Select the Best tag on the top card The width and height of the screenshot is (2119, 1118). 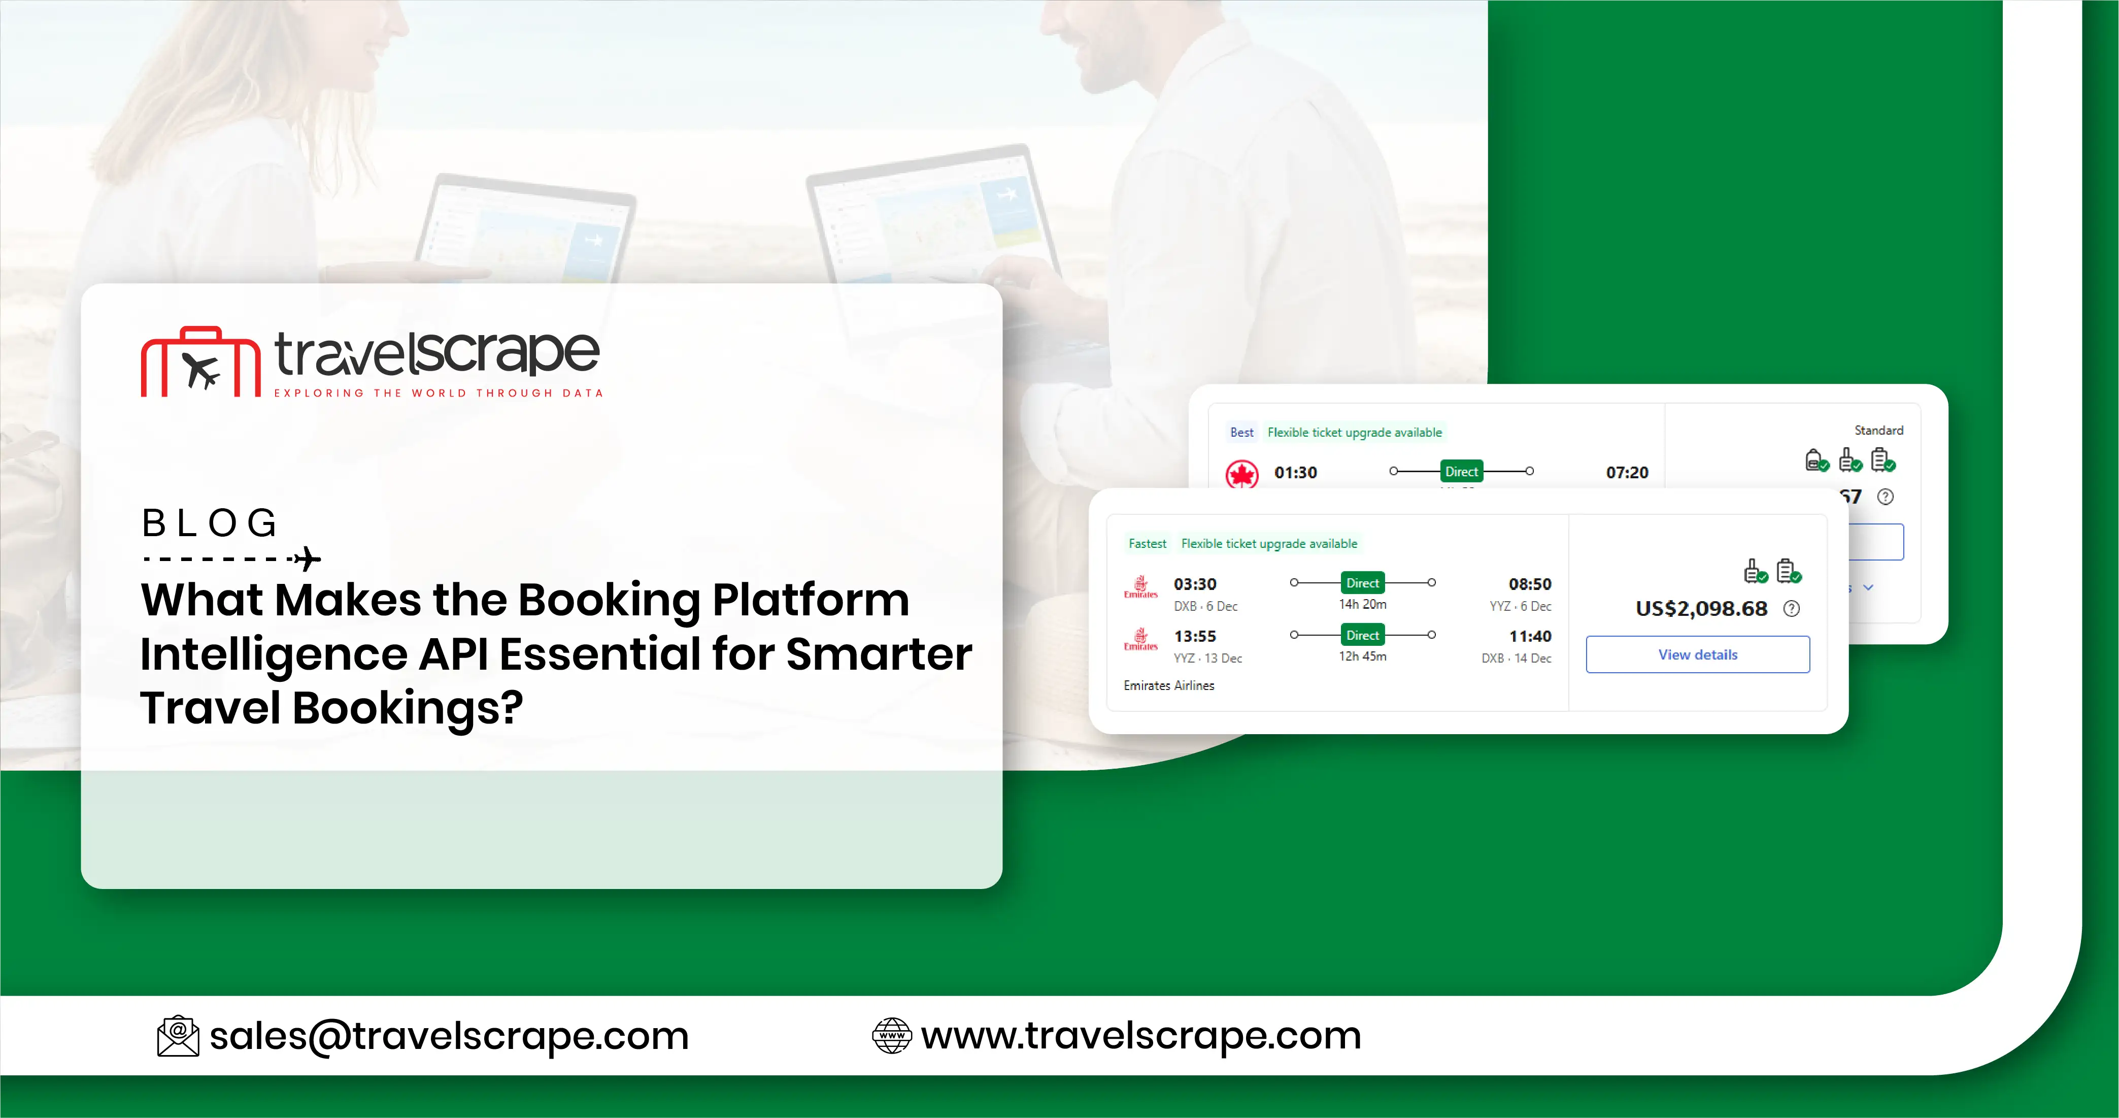(1241, 433)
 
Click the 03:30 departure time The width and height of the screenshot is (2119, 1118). (1194, 584)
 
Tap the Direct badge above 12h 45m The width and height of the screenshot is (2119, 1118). (1362, 635)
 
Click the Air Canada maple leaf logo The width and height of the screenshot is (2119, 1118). (1241, 474)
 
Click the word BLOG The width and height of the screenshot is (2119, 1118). (210, 523)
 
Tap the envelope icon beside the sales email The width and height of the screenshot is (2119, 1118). (178, 1036)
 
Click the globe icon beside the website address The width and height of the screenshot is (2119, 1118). (892, 1036)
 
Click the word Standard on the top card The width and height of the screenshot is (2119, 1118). (1878, 430)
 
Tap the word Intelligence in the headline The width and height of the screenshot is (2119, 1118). (273, 654)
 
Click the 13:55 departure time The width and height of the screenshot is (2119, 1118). (1194, 636)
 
